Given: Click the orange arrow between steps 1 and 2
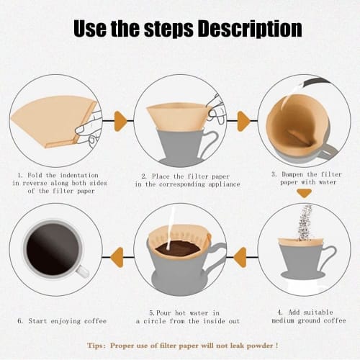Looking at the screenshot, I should pyautogui.click(x=122, y=120).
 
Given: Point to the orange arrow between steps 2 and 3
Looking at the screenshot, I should pyautogui.click(x=243, y=120).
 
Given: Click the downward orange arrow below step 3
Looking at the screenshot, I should pyautogui.click(x=305, y=192).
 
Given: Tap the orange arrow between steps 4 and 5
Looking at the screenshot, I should pyautogui.click(x=240, y=253).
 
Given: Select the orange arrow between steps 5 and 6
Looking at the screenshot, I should pyautogui.click(x=117, y=253).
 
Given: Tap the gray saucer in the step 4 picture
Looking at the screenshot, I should pyautogui.click(x=302, y=274).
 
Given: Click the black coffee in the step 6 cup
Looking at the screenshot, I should pyautogui.click(x=53, y=249).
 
